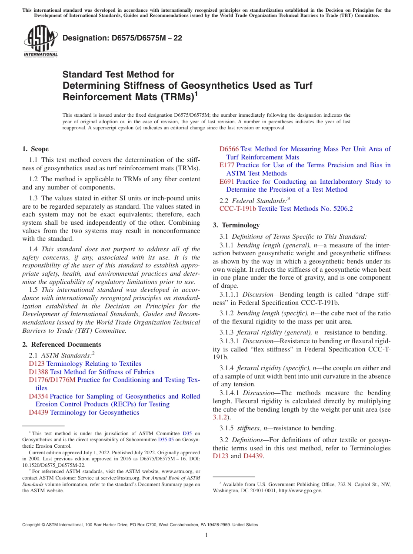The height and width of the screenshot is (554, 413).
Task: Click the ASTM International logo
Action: [40, 41]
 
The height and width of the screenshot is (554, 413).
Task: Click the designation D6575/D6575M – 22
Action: [122, 38]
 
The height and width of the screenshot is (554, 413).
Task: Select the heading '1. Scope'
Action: [35, 149]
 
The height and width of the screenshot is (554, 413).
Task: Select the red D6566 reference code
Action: [229, 149]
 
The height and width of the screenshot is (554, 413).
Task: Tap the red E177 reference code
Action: [227, 165]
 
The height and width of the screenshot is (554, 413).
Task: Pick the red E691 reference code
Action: [227, 182]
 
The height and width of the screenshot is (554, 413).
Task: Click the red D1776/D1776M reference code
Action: [52, 380]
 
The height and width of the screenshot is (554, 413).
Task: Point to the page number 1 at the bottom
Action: [206, 535]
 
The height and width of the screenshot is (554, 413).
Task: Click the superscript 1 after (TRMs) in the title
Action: [196, 94]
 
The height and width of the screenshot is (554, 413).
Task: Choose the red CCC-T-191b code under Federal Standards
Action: [238, 209]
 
